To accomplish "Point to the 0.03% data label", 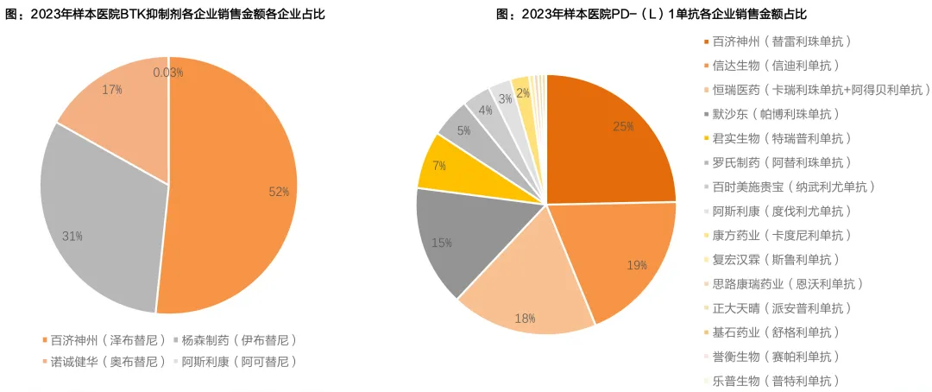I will (168, 73).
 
